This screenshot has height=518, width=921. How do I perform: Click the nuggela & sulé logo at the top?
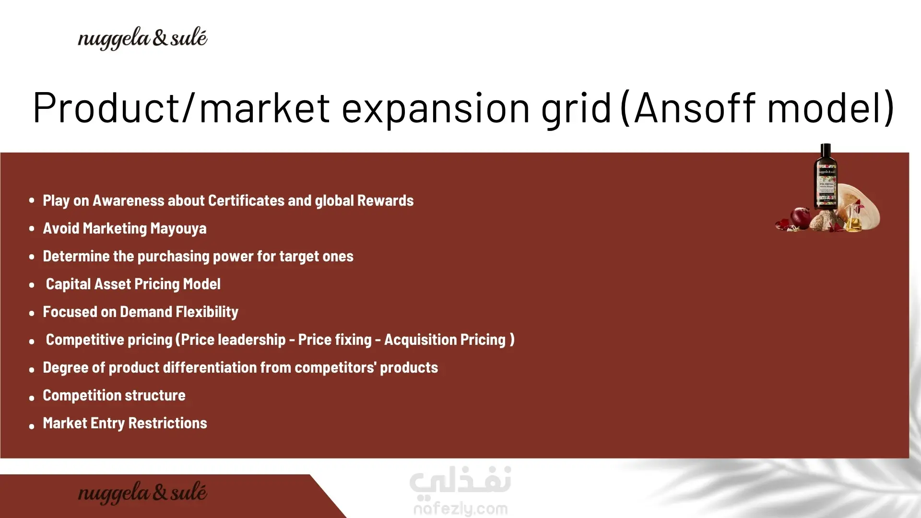tap(142, 38)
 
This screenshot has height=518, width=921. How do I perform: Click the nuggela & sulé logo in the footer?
tap(142, 493)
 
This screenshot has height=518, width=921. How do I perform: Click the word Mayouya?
tap(178, 229)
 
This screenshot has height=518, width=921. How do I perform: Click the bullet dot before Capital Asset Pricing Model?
tap(32, 285)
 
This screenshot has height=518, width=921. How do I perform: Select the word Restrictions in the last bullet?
tap(168, 423)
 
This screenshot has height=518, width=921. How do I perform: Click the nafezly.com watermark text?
tap(460, 508)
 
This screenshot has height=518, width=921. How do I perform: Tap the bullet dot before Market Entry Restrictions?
tap(32, 426)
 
